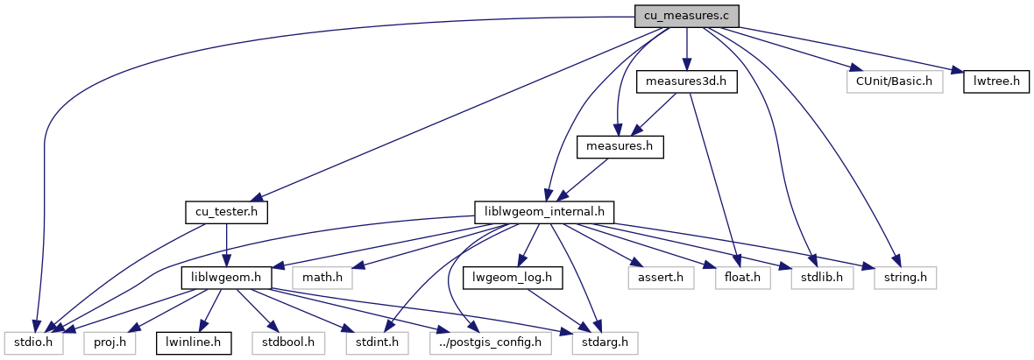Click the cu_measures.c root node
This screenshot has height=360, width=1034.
point(687,16)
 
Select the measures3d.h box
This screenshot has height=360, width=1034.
point(687,81)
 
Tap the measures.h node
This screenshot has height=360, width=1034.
point(619,146)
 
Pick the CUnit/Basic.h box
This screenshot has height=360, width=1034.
point(894,81)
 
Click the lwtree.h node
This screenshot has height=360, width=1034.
point(995,81)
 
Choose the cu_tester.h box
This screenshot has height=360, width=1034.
point(226,212)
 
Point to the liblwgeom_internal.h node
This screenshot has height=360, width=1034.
point(543,212)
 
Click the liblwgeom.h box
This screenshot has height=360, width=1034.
point(226,278)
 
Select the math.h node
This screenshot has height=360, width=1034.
point(322,278)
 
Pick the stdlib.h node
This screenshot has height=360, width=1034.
point(817,278)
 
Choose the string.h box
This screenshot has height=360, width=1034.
point(905,278)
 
